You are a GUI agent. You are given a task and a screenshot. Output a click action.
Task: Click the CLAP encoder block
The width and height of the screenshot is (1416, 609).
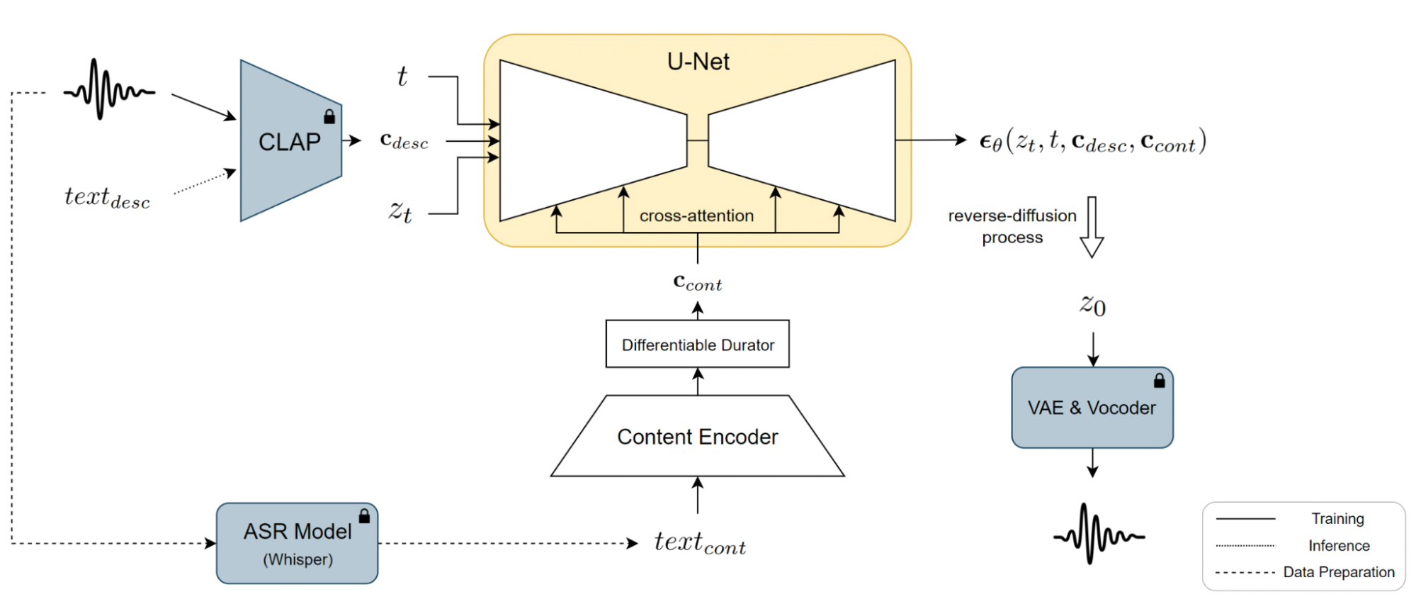click(x=290, y=142)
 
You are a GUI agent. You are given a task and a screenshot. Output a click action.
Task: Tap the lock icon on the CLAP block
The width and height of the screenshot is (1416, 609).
click(x=329, y=116)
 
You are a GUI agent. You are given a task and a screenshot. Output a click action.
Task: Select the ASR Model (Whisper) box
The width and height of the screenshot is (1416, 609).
click(x=297, y=543)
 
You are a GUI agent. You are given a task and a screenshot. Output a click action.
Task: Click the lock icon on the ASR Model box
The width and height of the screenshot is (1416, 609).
click(x=364, y=515)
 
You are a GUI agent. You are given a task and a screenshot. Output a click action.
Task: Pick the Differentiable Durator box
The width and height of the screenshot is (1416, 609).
click(x=697, y=345)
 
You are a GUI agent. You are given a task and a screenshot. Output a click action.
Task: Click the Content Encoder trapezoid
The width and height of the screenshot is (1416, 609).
click(x=697, y=437)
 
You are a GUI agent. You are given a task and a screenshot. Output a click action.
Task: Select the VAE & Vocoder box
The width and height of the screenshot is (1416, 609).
click(x=1092, y=408)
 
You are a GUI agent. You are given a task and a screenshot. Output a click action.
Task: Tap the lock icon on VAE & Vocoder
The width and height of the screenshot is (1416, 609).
click(x=1159, y=381)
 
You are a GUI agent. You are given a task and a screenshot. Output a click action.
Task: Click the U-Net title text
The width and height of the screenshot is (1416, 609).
click(x=698, y=62)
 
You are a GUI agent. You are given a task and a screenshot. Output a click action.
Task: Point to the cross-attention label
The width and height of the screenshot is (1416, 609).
click(x=696, y=216)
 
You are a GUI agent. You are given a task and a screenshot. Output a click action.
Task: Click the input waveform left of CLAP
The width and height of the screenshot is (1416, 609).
click(x=109, y=90)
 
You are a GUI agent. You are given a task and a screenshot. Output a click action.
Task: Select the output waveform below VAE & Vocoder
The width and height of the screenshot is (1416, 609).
click(x=1099, y=535)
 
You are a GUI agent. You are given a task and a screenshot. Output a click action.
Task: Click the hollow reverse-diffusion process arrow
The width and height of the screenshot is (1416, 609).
click(x=1092, y=227)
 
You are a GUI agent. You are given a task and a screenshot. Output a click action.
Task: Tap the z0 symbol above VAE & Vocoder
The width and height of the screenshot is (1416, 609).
click(x=1092, y=305)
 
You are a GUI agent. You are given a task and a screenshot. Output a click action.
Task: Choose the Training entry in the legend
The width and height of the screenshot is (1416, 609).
click(x=1337, y=518)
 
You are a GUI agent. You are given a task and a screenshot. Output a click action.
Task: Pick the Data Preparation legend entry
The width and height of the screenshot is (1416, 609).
click(x=1338, y=572)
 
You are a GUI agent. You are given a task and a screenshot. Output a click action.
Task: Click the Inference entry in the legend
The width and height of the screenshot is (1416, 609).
click(x=1338, y=545)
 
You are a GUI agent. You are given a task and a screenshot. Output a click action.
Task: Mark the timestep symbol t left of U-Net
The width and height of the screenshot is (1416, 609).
click(x=402, y=76)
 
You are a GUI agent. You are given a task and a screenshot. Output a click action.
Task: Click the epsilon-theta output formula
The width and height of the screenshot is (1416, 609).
click(x=1092, y=141)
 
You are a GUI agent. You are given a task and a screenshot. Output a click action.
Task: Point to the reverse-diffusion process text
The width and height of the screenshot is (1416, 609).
click(x=1012, y=226)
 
